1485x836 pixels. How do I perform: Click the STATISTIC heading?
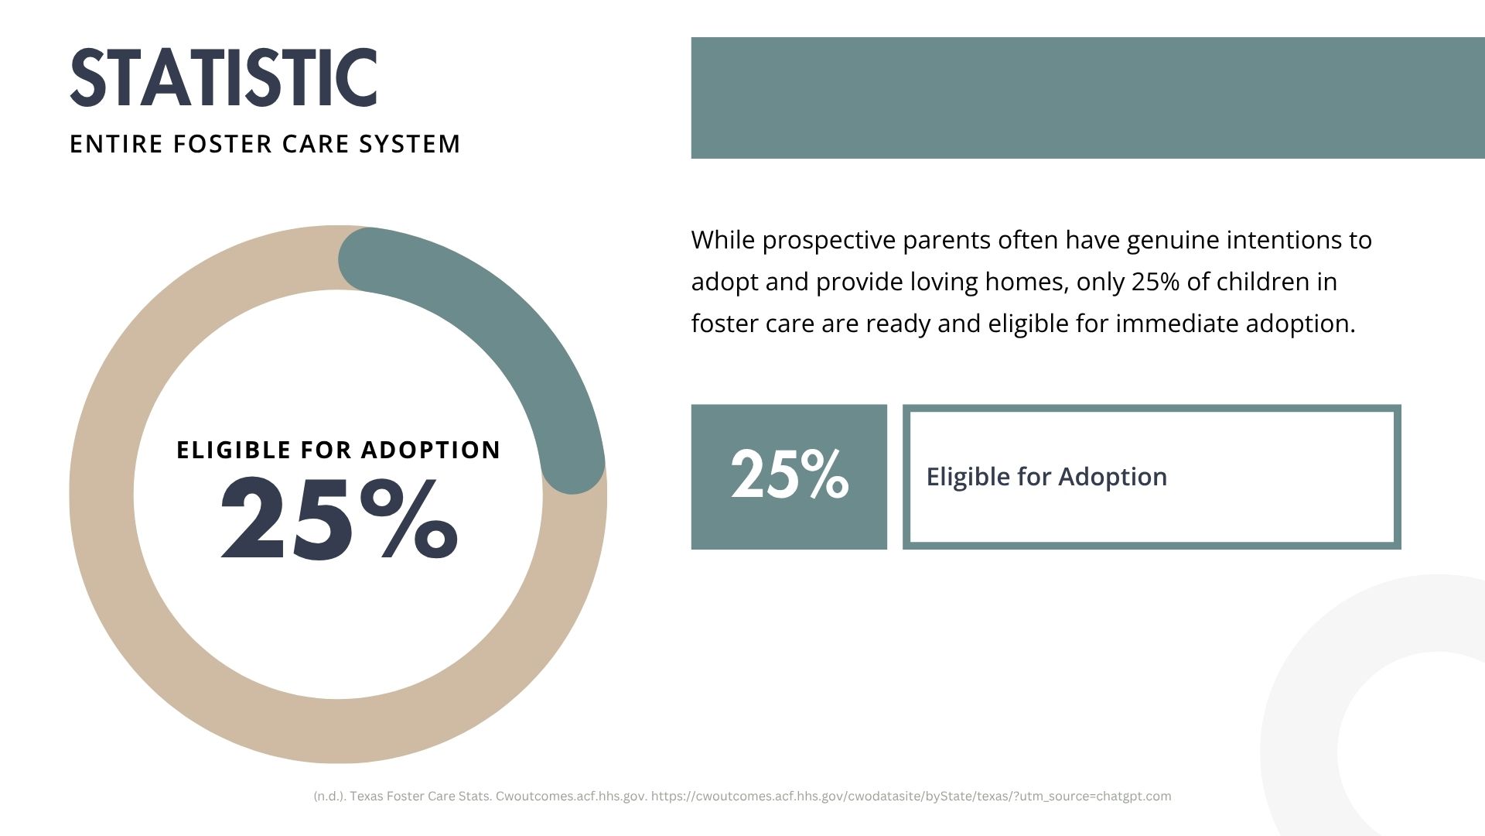224,77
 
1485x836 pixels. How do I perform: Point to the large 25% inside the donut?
339,517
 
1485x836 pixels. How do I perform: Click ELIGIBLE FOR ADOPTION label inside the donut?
339,450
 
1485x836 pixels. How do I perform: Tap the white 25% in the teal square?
790,475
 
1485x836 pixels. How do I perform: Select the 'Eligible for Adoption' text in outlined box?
1046,477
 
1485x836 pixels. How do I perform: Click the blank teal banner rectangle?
1087,98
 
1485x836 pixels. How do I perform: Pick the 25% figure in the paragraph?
1156,282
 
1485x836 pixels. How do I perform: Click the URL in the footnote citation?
911,797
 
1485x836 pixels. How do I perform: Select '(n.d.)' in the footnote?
329,797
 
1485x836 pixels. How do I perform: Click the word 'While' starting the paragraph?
722,241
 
